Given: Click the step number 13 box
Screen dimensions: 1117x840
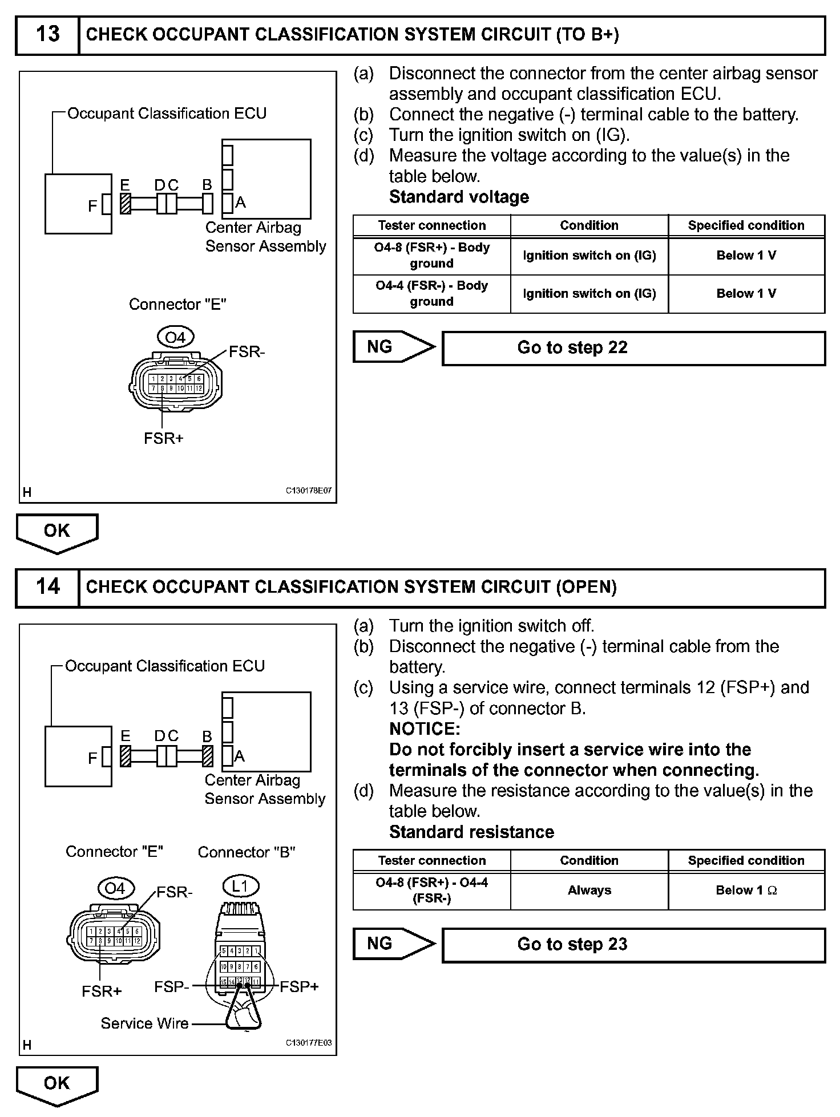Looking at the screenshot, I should pyautogui.click(x=47, y=35).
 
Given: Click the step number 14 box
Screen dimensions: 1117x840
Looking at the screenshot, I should pyautogui.click(x=47, y=587).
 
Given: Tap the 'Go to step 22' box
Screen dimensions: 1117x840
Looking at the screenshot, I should pyautogui.click(x=633, y=348).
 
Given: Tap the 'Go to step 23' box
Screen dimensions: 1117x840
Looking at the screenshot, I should pyautogui.click(x=633, y=945).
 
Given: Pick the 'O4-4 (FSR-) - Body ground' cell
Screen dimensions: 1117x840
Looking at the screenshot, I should pyautogui.click(x=431, y=294).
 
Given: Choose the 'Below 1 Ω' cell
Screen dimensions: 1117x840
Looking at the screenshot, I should pyautogui.click(x=746, y=891).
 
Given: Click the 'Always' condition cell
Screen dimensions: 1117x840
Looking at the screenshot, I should pyautogui.click(x=589, y=891).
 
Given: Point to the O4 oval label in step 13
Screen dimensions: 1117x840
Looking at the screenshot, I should pyautogui.click(x=175, y=338).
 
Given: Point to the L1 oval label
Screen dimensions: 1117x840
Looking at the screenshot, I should pyautogui.click(x=240, y=887).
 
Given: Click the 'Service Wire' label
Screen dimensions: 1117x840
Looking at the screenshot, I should pyautogui.click(x=144, y=1023).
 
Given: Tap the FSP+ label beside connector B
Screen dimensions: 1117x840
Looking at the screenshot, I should pyautogui.click(x=299, y=987).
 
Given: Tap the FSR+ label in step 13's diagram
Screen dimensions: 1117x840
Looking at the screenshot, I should pyautogui.click(x=163, y=439).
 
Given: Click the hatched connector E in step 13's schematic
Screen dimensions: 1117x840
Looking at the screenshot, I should pyautogui.click(x=126, y=204).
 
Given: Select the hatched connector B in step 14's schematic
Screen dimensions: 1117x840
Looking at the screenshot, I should pyautogui.click(x=208, y=756).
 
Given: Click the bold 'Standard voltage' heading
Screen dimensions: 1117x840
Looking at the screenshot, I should pyautogui.click(x=459, y=197).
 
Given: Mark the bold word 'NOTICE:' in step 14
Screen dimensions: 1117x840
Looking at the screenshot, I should pyautogui.click(x=425, y=729).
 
